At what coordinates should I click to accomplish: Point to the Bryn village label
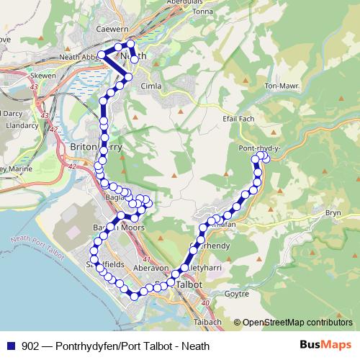click(x=333, y=212)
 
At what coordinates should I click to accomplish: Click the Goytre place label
click(x=235, y=294)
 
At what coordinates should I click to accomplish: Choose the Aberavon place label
click(x=150, y=267)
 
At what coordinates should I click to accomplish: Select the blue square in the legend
click(x=9, y=346)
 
